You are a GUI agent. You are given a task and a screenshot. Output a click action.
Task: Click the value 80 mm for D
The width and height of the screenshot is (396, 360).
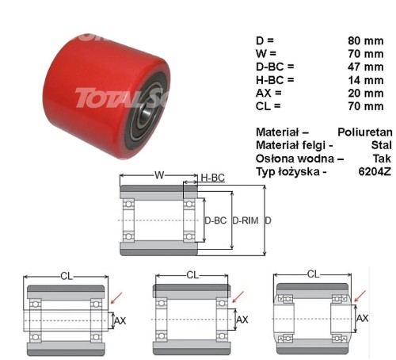pyautogui.click(x=366, y=41)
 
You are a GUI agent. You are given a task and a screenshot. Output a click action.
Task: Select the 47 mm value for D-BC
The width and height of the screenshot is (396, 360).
pyautogui.click(x=366, y=67)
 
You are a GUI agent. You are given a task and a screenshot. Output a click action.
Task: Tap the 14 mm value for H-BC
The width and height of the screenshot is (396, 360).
pyautogui.click(x=366, y=80)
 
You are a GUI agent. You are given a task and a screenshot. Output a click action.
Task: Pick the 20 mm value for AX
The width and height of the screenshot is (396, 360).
pyautogui.click(x=366, y=93)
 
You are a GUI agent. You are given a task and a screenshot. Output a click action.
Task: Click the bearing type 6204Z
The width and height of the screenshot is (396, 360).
pyautogui.click(x=375, y=172)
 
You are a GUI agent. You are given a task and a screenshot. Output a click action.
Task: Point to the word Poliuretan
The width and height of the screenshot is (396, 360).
pyautogui.click(x=365, y=132)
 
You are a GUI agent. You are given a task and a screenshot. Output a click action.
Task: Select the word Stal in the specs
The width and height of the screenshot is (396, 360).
pyautogui.click(x=381, y=145)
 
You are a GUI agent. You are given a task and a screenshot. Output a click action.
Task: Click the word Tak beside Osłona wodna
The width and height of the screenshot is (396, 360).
pyautogui.click(x=382, y=159)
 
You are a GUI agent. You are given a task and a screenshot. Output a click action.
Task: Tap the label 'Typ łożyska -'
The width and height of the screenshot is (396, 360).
pyautogui.click(x=291, y=172)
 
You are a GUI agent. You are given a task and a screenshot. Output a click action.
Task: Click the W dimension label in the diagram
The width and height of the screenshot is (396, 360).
pyautogui.click(x=159, y=175)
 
